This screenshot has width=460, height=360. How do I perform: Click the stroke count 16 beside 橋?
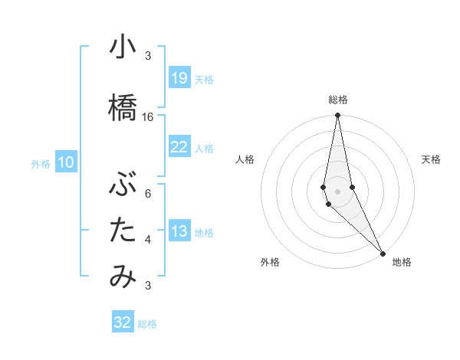148,117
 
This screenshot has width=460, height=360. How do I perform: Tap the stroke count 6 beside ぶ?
148,193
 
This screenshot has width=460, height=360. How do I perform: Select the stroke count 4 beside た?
148,240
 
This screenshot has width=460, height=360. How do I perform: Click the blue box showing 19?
179,78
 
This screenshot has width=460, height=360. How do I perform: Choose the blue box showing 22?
179,147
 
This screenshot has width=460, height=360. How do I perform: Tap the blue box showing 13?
179,232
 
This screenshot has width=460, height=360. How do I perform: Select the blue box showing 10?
65,162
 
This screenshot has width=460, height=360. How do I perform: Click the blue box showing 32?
122,322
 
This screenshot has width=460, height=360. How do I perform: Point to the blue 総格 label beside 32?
147,324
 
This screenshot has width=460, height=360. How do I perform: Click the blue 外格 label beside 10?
41,163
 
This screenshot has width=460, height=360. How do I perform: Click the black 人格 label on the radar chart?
245,159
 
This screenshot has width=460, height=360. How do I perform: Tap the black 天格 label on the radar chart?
431,159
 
